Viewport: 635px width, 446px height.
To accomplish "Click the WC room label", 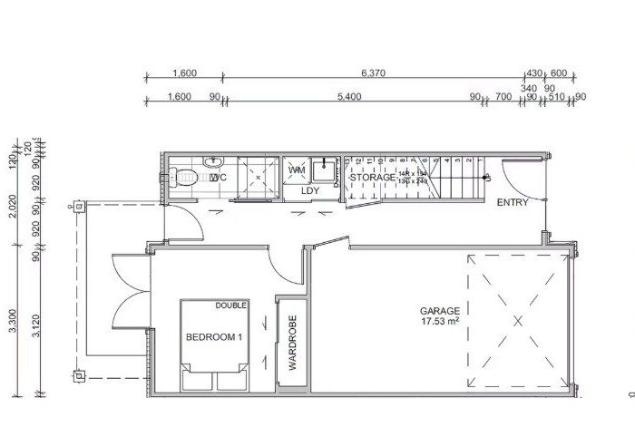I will [217, 178].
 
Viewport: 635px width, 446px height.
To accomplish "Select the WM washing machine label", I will [296, 170].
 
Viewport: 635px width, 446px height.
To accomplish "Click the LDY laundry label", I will [311, 190].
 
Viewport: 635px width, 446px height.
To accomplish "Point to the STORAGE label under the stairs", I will [372, 178].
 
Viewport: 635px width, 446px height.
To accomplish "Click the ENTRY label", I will [513, 202].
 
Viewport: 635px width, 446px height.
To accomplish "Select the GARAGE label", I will [439, 309].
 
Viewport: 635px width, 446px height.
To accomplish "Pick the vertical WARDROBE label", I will [293, 342].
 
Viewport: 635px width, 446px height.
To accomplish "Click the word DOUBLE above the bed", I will [230, 305].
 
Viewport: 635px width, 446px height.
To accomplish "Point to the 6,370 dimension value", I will [375, 73].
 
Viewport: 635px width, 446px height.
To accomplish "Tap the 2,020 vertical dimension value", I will [13, 209].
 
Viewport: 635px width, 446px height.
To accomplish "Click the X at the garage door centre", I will [518, 320].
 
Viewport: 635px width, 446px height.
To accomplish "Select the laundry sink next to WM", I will [325, 170].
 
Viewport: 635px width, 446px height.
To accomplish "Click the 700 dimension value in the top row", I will [503, 96].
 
